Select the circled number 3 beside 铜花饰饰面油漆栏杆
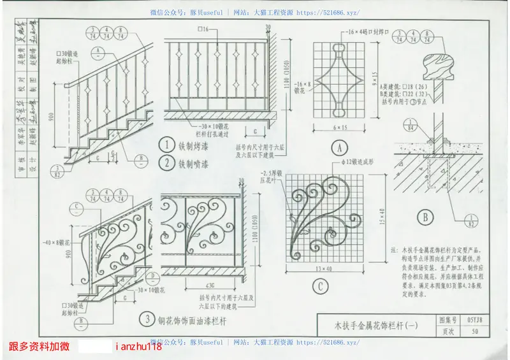(148, 318)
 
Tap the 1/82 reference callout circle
(472, 221)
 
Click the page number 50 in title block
(475, 331)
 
